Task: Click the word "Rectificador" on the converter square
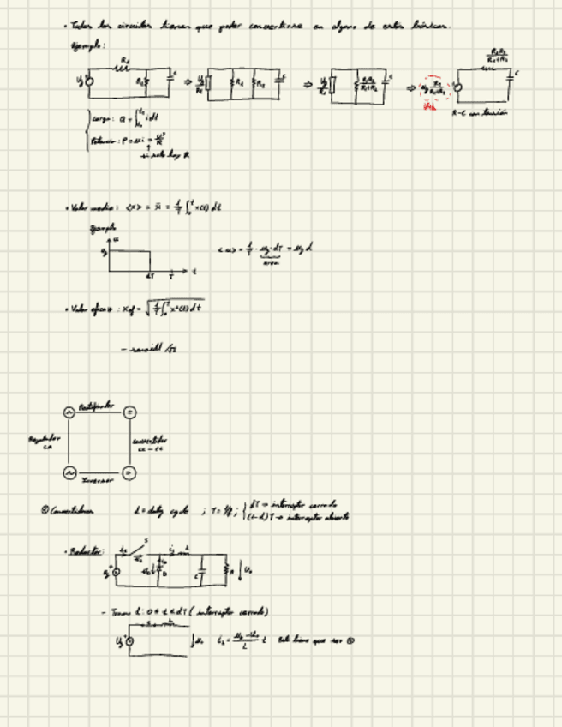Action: (97, 406)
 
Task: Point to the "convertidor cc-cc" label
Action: (150, 444)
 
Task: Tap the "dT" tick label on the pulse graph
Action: (150, 277)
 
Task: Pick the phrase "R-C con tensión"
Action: (475, 113)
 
